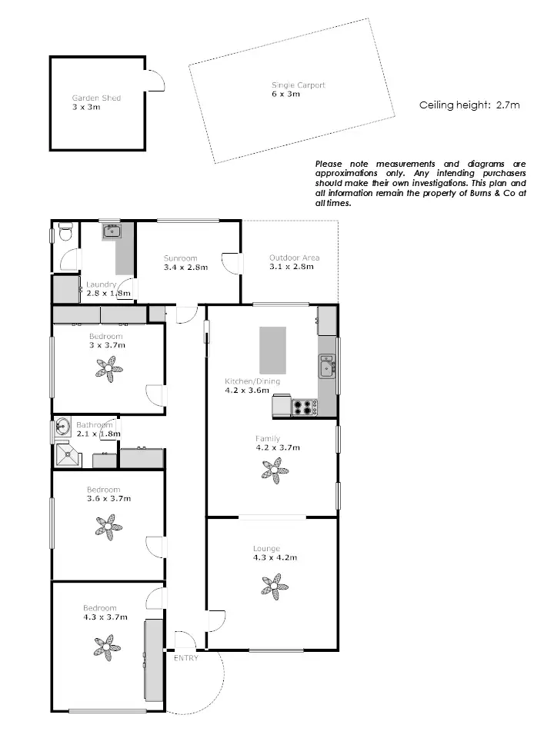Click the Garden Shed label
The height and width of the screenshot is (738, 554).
[x=96, y=98]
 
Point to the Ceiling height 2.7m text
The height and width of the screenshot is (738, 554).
[x=469, y=105]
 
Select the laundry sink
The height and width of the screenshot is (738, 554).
[x=112, y=230]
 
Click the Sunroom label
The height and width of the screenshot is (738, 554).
[x=180, y=258]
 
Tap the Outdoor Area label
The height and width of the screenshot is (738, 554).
[x=294, y=258]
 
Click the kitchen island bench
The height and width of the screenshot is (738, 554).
[x=272, y=351]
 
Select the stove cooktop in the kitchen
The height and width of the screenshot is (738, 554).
[x=304, y=407]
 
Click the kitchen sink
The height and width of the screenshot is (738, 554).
[x=328, y=367]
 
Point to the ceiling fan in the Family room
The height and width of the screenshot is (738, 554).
[x=272, y=470]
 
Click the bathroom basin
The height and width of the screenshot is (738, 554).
[x=63, y=427]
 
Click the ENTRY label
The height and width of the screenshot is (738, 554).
[x=185, y=658]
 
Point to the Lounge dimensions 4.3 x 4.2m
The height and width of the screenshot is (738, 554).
[x=272, y=558]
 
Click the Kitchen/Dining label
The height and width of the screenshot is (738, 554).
[x=252, y=381]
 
